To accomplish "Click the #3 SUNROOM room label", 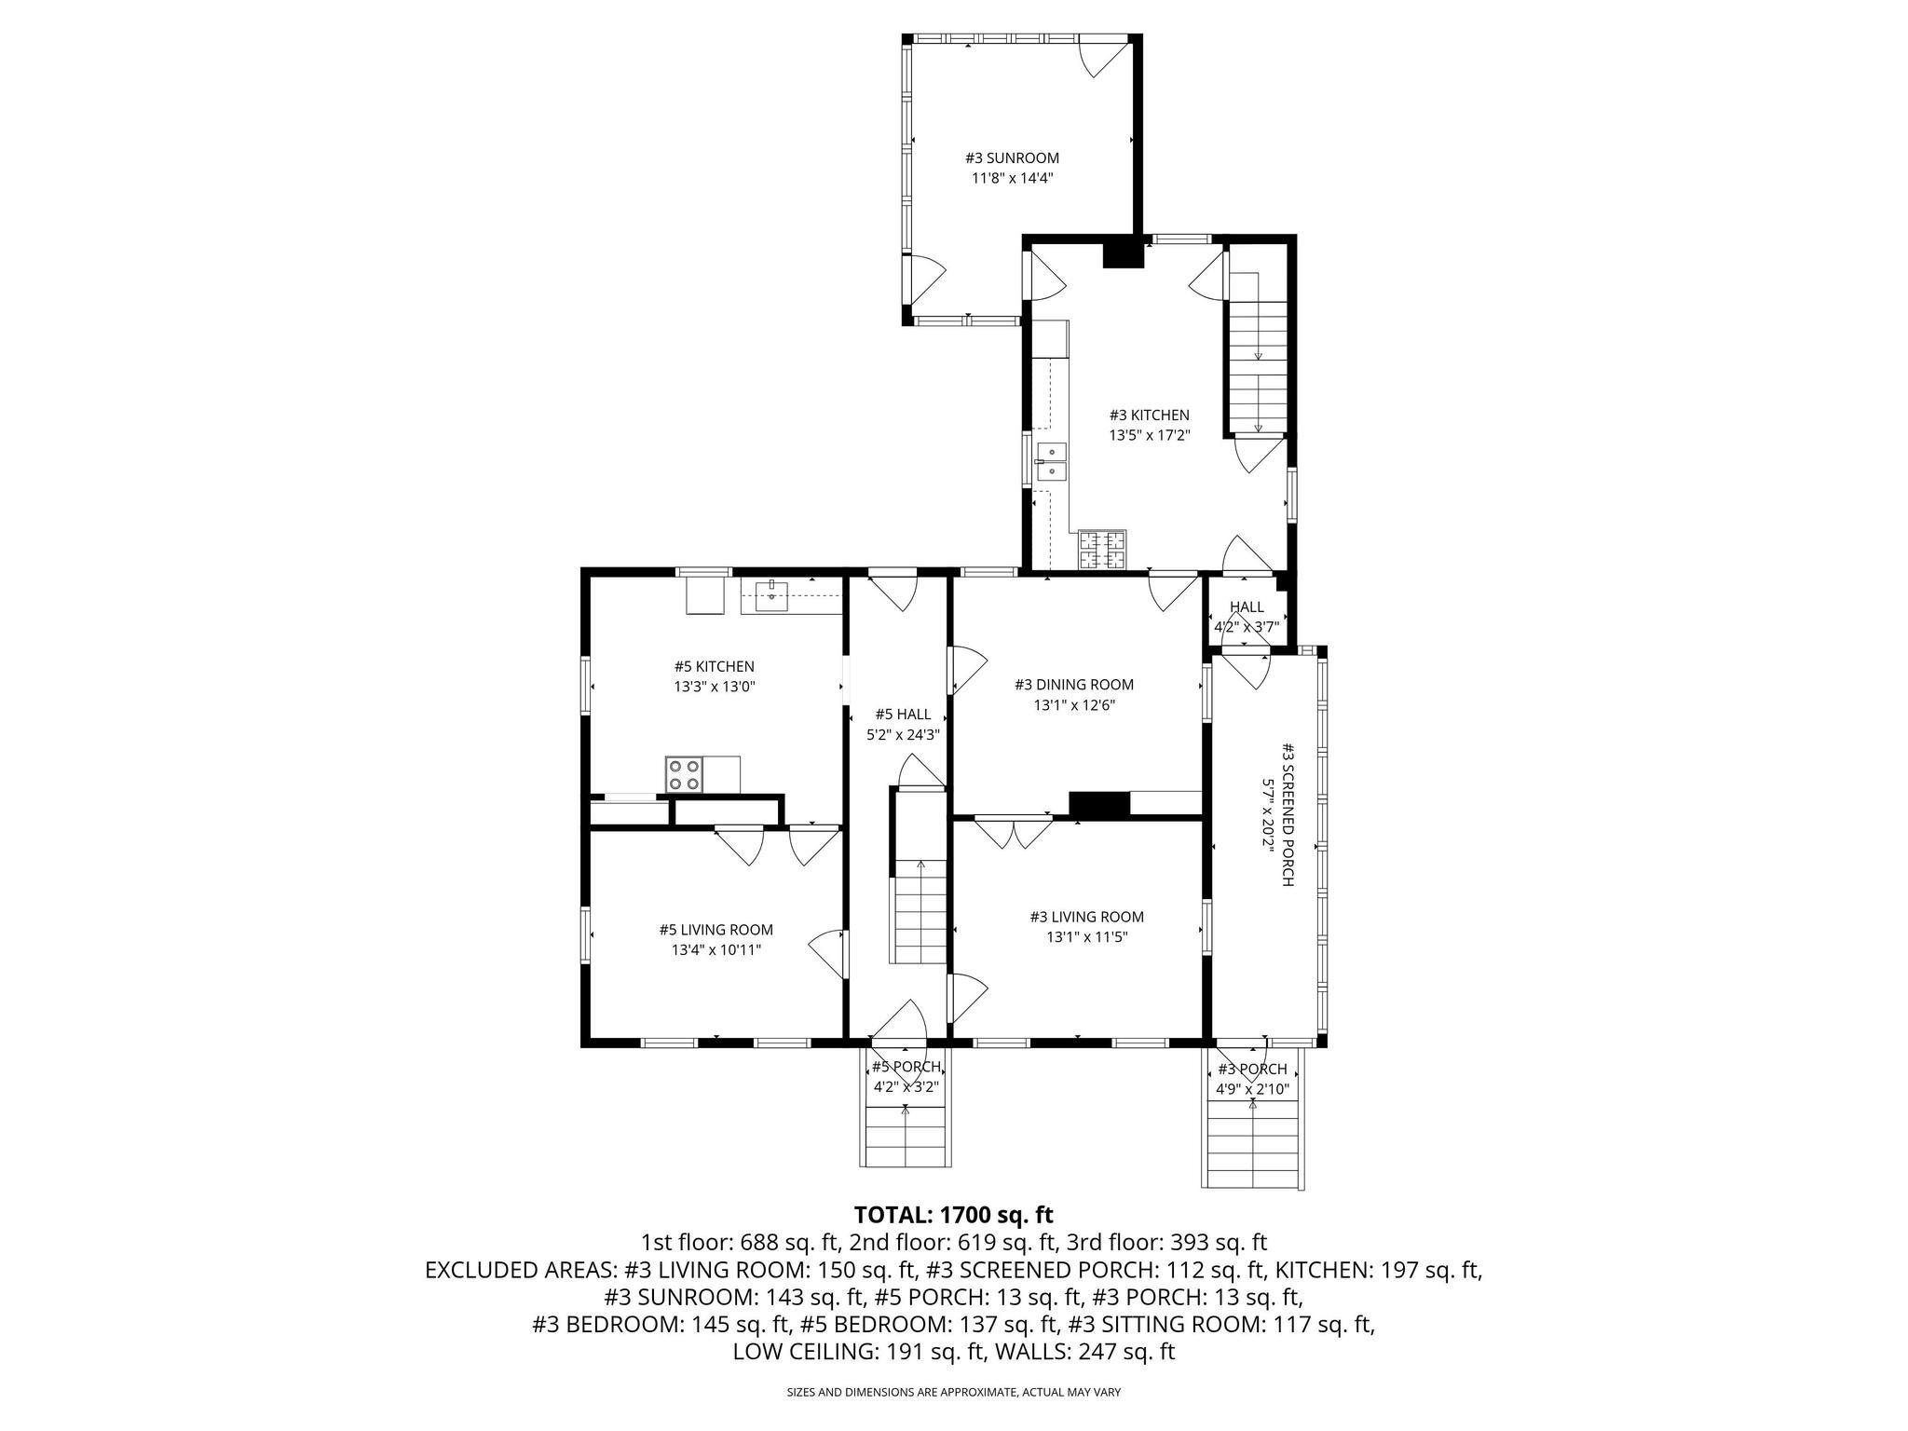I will point(1012,158).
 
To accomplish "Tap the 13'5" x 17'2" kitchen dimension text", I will point(1149,435).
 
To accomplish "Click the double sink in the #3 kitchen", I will point(1053,462).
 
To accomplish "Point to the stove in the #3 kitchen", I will point(1103,550).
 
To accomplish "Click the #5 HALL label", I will point(903,715).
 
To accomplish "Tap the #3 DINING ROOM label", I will point(1074,685).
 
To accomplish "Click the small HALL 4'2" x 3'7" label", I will point(1247,617).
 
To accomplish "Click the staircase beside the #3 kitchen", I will point(1258,354).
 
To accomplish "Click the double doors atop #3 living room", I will point(1013,832).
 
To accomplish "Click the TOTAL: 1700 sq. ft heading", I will point(953,1215).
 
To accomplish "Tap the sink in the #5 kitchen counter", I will point(772,595).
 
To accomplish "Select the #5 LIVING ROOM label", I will point(715,930).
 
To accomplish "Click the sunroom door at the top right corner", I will point(1105,58).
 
